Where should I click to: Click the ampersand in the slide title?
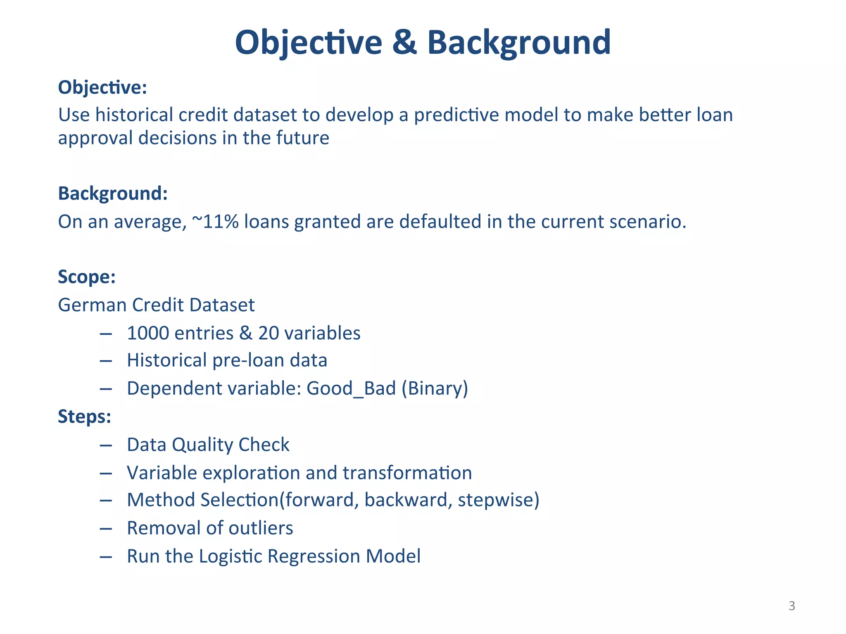coord(404,43)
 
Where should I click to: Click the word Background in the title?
coord(518,43)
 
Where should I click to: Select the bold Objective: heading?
coord(102,88)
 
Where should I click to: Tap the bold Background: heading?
coord(113,193)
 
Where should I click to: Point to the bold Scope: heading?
coord(87,277)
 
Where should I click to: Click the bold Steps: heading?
coord(85,416)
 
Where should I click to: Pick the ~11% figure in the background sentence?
coord(215,222)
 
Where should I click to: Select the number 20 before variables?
coord(269,333)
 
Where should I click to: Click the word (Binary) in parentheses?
coord(435,388)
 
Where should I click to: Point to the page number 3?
coord(791,606)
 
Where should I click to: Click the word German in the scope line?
coord(92,305)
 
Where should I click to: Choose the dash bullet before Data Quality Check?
coord(106,445)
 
